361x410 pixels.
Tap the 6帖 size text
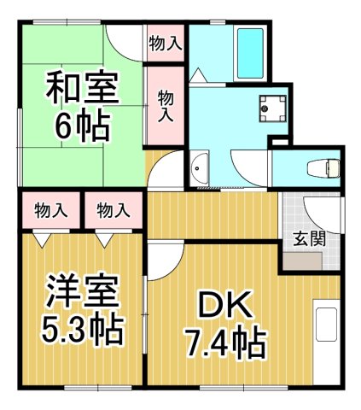83,126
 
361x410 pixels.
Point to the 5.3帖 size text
81,327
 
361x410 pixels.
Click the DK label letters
224,306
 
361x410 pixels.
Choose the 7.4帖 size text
225,343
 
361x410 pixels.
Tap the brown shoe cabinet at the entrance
304,259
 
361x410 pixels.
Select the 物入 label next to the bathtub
165,43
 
